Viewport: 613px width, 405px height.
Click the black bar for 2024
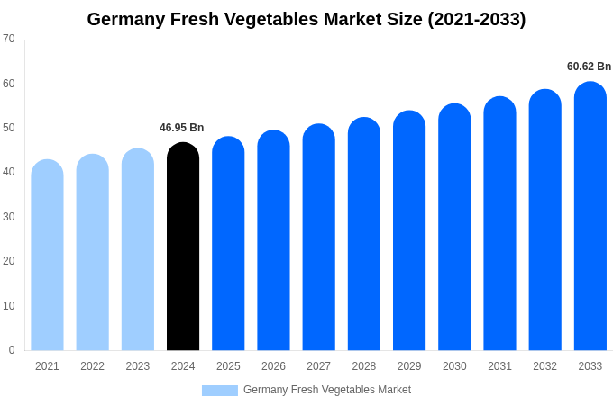coord(183,247)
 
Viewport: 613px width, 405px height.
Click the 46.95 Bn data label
coord(182,128)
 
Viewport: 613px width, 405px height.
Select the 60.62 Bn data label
coord(589,67)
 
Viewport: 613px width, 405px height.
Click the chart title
coord(306,19)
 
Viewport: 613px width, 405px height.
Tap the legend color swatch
coord(220,391)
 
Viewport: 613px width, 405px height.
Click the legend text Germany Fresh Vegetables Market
coord(327,390)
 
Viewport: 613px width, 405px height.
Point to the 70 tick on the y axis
coord(9,39)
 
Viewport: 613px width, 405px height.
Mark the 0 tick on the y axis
coord(12,350)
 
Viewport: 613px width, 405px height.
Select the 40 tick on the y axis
coord(9,172)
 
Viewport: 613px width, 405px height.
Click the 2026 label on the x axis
coord(273,366)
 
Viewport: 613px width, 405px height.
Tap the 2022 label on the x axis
coord(92,366)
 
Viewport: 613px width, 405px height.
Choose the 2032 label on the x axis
coord(544,366)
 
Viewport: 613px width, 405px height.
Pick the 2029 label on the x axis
coord(409,366)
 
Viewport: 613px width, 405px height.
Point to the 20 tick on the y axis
coord(9,261)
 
